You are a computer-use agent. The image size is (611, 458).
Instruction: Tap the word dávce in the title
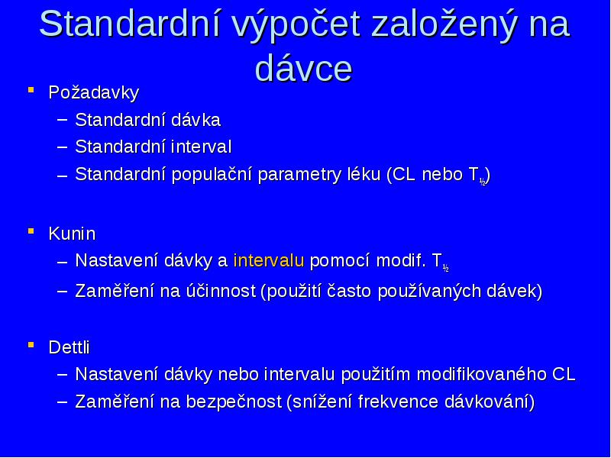[x=303, y=69]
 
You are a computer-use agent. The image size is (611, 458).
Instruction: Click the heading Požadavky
[x=94, y=93]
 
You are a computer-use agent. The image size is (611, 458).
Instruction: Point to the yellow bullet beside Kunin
[x=31, y=231]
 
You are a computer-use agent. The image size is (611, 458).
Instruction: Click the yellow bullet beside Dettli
[x=31, y=344]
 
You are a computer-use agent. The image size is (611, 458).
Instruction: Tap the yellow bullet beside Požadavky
[x=31, y=90]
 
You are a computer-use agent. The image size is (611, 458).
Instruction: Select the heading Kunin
[x=72, y=234]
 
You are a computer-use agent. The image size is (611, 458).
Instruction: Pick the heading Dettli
[x=70, y=347]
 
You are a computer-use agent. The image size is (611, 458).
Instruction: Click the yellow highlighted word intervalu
[x=269, y=260]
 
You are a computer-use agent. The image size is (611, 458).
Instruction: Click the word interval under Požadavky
[x=201, y=147]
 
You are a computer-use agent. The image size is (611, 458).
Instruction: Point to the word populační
[x=212, y=175]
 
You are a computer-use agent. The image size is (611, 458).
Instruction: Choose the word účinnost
[x=218, y=291]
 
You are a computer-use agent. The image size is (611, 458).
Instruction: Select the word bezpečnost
[x=234, y=402]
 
